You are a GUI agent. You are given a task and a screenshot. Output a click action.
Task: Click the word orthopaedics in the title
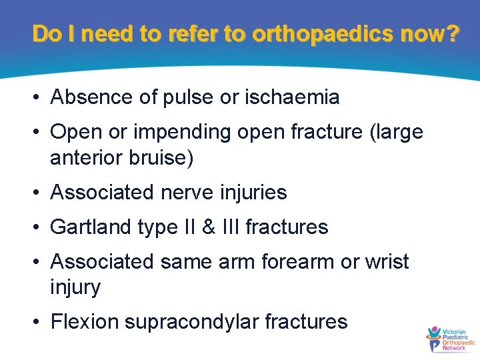pyautogui.click(x=319, y=34)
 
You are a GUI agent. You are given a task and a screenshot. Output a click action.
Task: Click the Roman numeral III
pyautogui.click(x=227, y=227)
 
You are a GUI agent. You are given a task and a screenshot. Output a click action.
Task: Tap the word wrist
pyautogui.click(x=386, y=262)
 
